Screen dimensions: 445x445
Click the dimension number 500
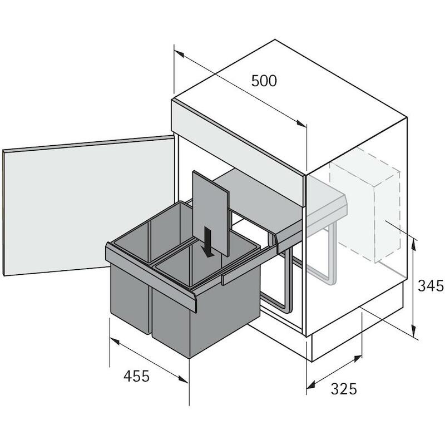pos(264,81)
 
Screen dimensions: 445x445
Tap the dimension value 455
pos(136,377)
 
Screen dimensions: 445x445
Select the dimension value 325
pos(344,389)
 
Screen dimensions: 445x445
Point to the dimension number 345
pos(431,285)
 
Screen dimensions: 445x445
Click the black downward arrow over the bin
pos(208,242)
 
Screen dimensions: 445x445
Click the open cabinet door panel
pos(88,205)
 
